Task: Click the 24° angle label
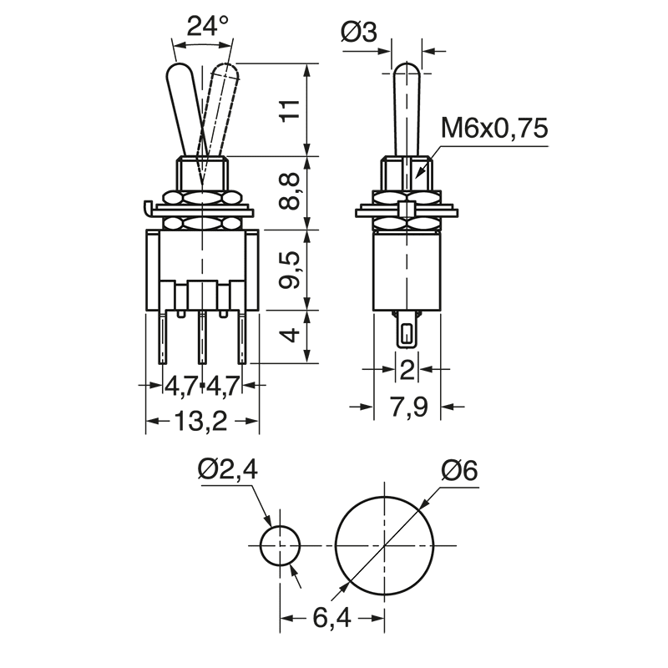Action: coord(207,26)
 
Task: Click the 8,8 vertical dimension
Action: coord(289,193)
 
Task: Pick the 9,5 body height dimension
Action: coord(289,269)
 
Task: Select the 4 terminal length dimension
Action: coord(289,337)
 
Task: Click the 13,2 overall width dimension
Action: coord(202,422)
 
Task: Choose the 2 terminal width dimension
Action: coord(407,368)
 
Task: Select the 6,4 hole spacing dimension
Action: coord(331,619)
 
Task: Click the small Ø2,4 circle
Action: coord(280,546)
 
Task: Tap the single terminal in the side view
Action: coord(407,334)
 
